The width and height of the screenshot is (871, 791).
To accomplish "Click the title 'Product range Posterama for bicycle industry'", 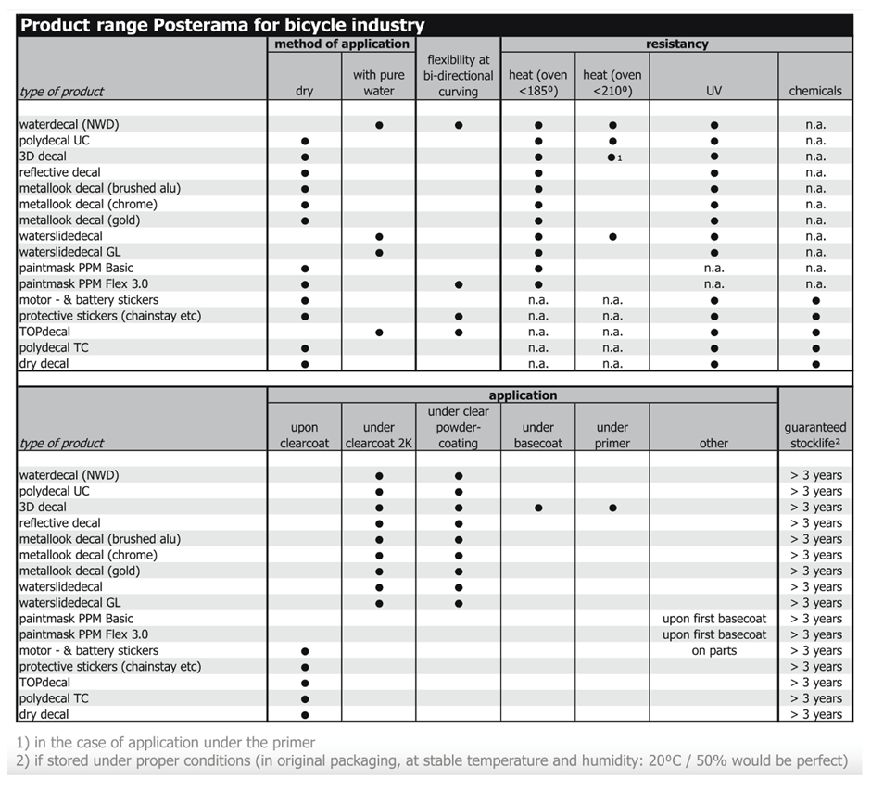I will (x=222, y=25).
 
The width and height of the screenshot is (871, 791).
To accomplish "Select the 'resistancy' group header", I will (x=676, y=44).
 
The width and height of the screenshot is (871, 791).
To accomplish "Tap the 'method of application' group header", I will (x=342, y=44).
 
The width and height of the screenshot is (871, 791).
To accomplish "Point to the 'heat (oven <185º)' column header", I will (x=537, y=82).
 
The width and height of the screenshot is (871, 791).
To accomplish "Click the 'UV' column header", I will (x=713, y=91).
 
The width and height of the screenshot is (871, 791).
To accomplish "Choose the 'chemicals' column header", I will (x=815, y=91).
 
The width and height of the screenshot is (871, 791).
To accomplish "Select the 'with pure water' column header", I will (x=379, y=82).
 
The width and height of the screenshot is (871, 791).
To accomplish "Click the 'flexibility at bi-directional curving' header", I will (x=459, y=75).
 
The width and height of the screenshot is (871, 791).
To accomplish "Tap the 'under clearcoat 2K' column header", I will (x=379, y=434).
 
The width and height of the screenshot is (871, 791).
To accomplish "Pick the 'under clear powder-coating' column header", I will (x=459, y=427).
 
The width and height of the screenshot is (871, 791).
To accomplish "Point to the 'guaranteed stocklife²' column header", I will (x=815, y=434).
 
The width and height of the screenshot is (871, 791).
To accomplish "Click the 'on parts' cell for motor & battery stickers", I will (x=713, y=650).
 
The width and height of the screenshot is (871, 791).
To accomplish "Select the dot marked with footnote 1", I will (x=612, y=157).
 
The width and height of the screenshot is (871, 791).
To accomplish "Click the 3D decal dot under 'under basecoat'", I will (x=537, y=508).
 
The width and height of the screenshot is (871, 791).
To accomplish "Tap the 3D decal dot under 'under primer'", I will (x=612, y=508).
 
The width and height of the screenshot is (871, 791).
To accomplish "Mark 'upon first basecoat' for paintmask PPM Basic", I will (x=713, y=619).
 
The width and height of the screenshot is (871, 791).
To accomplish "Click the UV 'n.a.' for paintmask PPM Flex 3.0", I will (x=713, y=283).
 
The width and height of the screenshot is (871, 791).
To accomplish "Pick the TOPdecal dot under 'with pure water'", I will (x=379, y=332).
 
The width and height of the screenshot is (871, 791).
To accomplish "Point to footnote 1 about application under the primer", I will (x=167, y=742).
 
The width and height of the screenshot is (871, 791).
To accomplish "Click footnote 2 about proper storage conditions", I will (x=432, y=760).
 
